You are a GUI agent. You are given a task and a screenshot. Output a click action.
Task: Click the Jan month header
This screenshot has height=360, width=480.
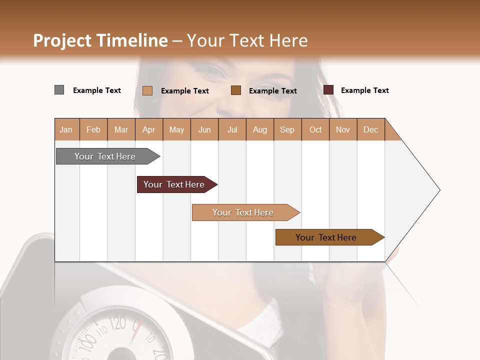(x=66, y=129)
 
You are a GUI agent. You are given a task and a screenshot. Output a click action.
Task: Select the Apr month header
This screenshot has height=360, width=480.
(x=148, y=129)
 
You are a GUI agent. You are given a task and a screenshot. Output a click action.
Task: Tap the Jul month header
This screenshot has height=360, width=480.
(x=232, y=129)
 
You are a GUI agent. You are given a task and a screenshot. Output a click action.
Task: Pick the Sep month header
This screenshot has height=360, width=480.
(x=287, y=129)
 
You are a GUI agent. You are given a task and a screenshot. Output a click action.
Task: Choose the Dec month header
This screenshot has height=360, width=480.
(x=370, y=129)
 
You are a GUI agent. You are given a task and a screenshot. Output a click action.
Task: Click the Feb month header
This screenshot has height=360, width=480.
(x=93, y=129)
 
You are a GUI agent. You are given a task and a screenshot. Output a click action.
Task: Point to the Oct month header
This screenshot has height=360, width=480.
(x=315, y=129)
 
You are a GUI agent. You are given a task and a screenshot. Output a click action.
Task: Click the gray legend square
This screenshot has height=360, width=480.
(x=59, y=90)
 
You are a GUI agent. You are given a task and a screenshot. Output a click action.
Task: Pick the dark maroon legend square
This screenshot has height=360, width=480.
(x=328, y=90)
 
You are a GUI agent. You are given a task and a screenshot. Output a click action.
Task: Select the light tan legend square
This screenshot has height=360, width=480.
(x=147, y=90)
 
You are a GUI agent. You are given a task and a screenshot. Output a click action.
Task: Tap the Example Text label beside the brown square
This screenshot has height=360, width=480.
(x=272, y=90)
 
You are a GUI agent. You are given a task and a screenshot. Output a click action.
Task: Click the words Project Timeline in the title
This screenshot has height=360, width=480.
(x=100, y=40)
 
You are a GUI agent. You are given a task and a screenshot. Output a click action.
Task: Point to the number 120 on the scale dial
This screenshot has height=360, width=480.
(x=117, y=323)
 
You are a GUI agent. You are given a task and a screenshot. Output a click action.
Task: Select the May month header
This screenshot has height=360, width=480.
(x=176, y=129)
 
